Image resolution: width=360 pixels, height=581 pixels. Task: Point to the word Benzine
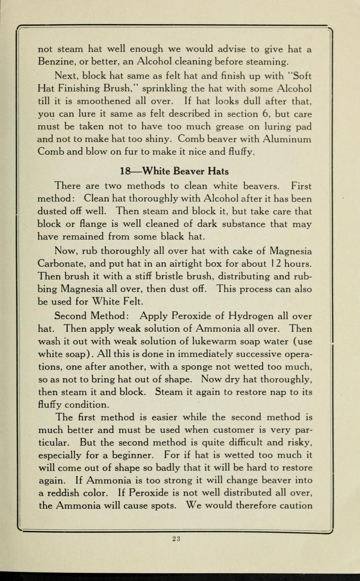point(57,62)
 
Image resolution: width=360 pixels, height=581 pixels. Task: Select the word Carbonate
point(61,263)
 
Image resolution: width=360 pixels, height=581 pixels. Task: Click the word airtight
point(193,263)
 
